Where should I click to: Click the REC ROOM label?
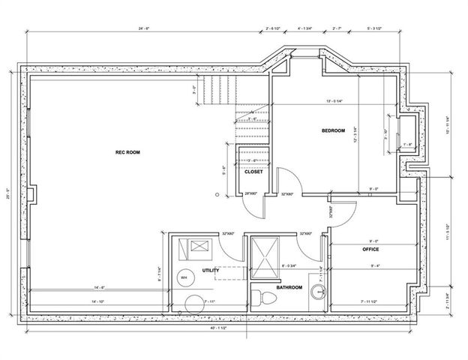[x=128, y=152]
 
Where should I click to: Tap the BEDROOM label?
[x=333, y=130]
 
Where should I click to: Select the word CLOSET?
[x=253, y=172]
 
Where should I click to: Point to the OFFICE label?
[x=370, y=249]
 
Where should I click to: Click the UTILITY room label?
[x=210, y=270]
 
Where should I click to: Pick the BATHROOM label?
[x=289, y=287]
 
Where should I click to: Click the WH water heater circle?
[x=183, y=277]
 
